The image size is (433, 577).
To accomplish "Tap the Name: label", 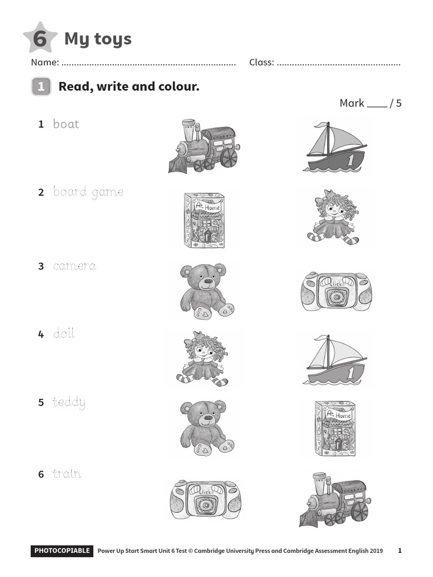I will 45,63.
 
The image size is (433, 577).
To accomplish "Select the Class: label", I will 262,63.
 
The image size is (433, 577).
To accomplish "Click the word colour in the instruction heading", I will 175,87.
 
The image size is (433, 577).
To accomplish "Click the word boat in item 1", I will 66,124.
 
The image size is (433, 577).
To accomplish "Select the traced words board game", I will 88,192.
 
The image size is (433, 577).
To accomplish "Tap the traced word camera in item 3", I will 74,266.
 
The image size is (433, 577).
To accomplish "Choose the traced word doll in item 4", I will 64,334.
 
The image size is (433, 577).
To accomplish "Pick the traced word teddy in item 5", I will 69,402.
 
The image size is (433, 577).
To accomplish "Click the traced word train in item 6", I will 67,474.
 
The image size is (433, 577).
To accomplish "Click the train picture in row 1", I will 203,146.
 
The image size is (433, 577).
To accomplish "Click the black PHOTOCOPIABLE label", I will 62,551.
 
